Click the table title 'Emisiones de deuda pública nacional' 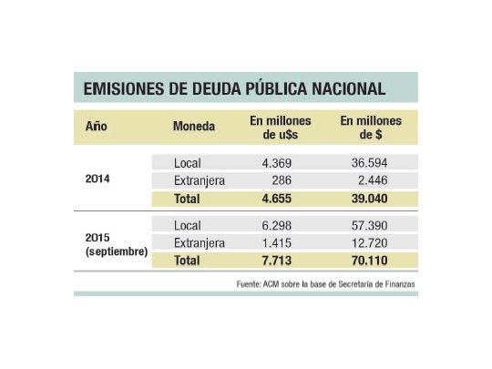point(234,89)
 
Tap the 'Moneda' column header point(194,126)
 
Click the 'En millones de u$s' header point(281,128)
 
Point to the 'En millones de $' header point(371,128)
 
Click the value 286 point(281,180)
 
